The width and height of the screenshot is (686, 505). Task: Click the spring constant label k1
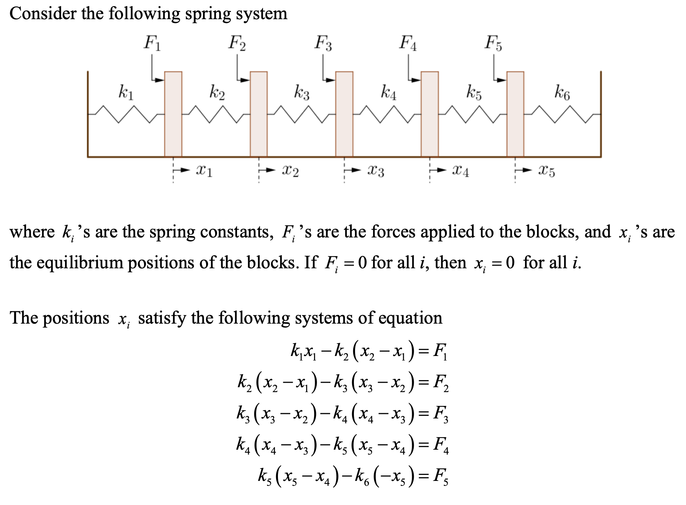tap(126, 92)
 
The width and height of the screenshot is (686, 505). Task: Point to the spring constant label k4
tap(389, 92)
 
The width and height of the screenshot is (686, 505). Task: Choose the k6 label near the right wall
tap(562, 92)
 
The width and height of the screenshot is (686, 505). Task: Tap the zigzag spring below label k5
tap(472, 114)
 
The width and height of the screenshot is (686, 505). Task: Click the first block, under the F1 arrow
tap(173, 114)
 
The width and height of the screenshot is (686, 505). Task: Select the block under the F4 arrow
tap(430, 114)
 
